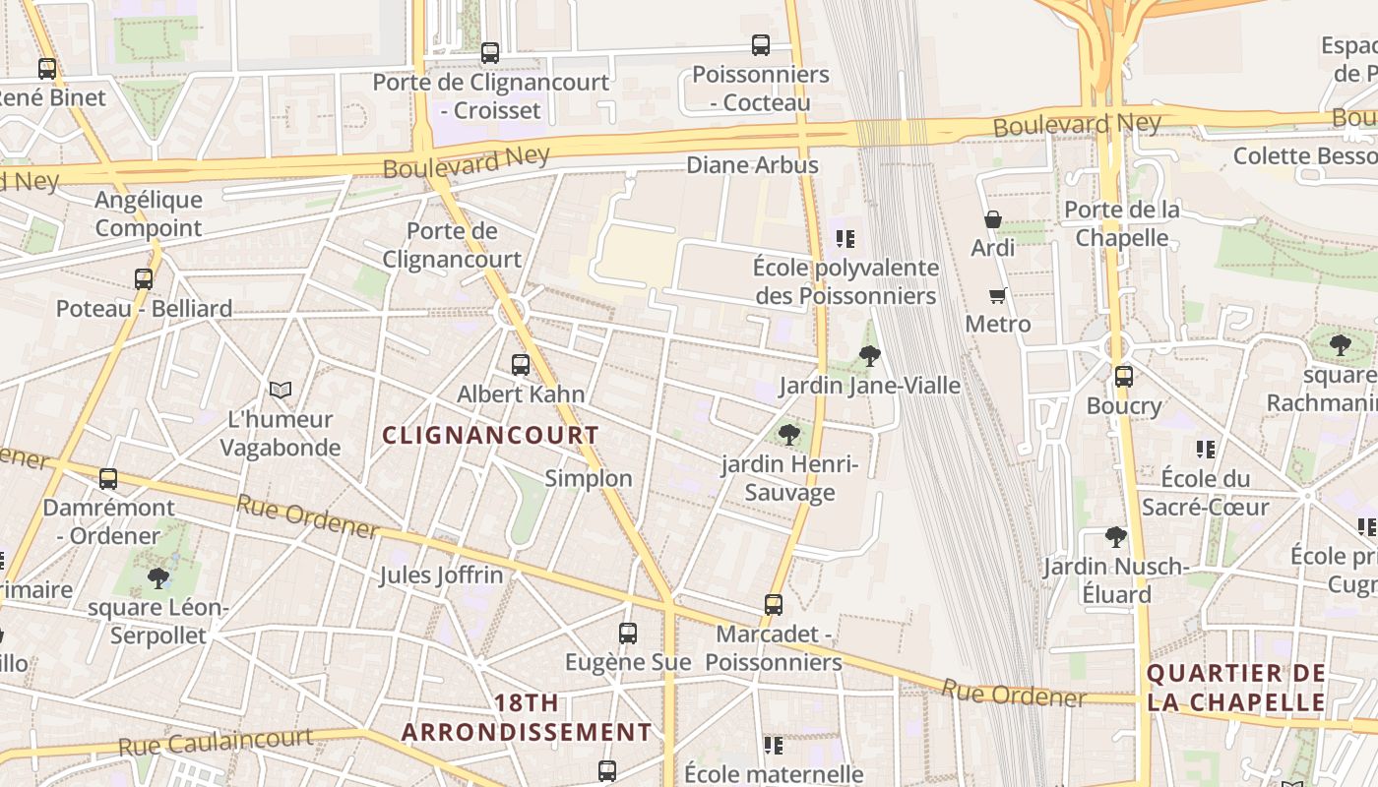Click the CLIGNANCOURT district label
pos(490,435)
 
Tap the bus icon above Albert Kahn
pos(521,365)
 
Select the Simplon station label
pos(589,478)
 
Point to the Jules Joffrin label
pos(441,575)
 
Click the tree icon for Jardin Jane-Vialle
pos(869,356)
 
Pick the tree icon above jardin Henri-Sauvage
pos(788,435)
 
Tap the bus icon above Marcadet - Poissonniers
pos(774,605)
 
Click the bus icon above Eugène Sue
pos(628,634)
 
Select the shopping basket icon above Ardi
pos(993,219)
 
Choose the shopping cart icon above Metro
pos(998,295)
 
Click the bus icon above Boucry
pos(1124,376)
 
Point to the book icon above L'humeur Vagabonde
pos(281,391)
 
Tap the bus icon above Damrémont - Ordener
pos(108,479)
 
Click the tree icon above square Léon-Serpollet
pos(157,577)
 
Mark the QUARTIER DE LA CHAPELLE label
pos(1235,688)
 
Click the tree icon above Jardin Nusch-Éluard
pos(1115,537)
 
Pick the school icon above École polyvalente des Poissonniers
pos(845,238)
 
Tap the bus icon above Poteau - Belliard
pos(144,279)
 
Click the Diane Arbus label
pos(752,165)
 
